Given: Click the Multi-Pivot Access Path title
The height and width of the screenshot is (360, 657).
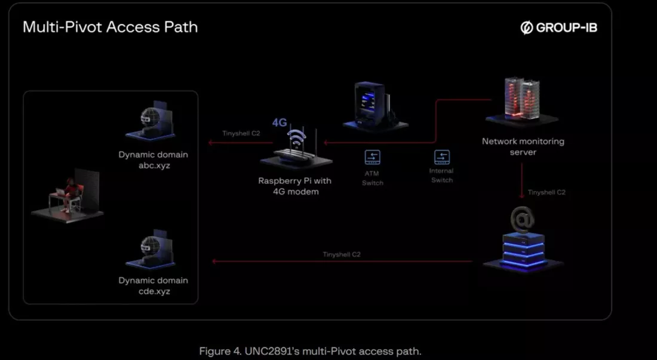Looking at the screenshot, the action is [x=110, y=27].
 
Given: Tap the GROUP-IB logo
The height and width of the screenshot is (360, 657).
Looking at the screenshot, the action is [x=558, y=27].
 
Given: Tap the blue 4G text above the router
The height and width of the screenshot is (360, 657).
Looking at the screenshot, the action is [x=280, y=122].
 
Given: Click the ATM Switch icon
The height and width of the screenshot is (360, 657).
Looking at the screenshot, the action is [x=372, y=158].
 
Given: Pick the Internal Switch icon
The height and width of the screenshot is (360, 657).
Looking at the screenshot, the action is [x=441, y=158].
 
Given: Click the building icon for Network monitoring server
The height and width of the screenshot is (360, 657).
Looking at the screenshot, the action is [x=521, y=100].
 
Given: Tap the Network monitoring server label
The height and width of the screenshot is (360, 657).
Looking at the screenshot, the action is [x=523, y=146].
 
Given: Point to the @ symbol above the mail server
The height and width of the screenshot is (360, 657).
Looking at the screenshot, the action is [x=522, y=219].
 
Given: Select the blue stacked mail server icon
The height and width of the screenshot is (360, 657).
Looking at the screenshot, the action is [x=523, y=251].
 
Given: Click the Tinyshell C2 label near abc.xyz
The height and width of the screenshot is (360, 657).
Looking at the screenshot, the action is [x=241, y=134].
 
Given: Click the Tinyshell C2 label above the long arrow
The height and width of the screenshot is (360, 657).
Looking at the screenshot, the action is [x=342, y=254].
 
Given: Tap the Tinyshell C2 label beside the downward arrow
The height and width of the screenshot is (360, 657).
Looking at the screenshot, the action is [x=547, y=193].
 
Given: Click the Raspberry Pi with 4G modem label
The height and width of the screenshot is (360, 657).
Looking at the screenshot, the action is [x=295, y=186].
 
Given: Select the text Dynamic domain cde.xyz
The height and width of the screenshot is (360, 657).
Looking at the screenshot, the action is [x=153, y=286].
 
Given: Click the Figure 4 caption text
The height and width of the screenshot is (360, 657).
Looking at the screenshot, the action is [x=310, y=351].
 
